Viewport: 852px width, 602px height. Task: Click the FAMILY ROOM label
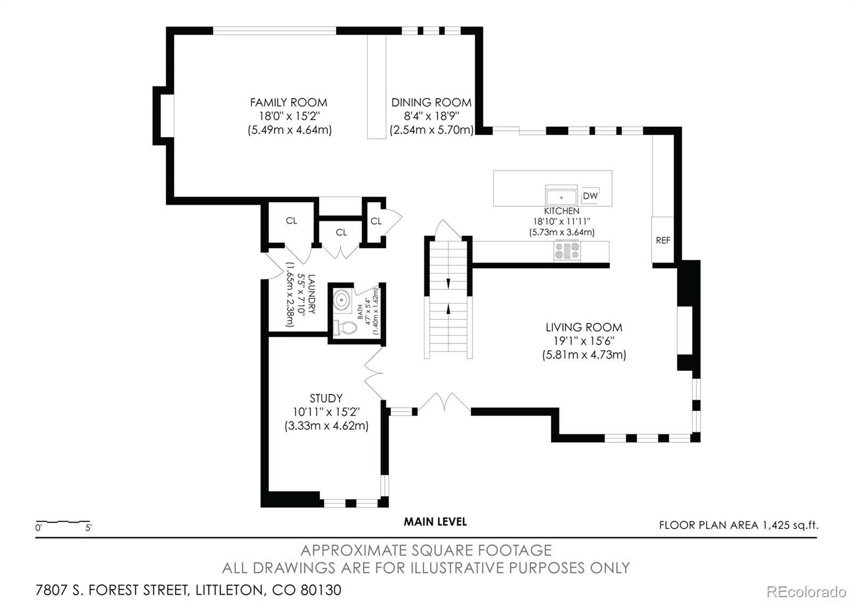(289, 102)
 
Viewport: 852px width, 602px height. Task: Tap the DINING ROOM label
(431, 102)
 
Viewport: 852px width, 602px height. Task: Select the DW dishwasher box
(591, 196)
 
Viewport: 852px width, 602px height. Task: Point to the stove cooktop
(567, 251)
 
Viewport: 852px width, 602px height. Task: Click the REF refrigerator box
(662, 240)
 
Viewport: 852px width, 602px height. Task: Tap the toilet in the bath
(346, 328)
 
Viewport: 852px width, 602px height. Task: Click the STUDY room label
(326, 398)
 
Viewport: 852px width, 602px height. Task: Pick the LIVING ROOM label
(584, 327)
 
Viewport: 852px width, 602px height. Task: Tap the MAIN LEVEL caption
(435, 522)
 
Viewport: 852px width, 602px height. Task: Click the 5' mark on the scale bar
(88, 528)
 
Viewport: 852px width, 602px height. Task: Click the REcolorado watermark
(806, 592)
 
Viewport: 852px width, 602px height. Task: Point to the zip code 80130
(321, 590)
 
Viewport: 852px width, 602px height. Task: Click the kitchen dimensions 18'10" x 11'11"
(561, 222)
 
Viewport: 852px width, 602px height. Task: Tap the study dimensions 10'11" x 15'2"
(326, 412)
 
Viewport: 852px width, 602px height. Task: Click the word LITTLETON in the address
(229, 590)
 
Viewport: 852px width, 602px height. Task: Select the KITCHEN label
(561, 211)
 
